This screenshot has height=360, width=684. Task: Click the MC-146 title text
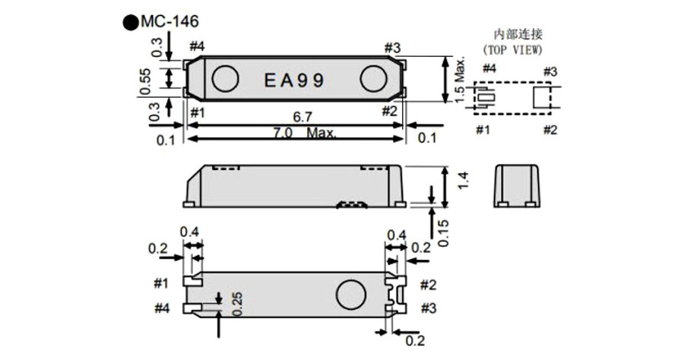tap(169, 21)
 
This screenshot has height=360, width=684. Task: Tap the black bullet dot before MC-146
tap(131, 22)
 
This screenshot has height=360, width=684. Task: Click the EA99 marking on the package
tap(294, 81)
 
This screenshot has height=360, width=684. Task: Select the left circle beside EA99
tap(225, 78)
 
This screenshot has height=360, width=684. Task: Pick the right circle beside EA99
tap(374, 78)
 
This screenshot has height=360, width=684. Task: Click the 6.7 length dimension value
tap(302, 117)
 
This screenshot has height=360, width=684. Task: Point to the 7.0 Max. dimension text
tap(305, 132)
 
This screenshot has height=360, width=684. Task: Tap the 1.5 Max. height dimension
tap(461, 81)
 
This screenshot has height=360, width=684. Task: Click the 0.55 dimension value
tap(145, 81)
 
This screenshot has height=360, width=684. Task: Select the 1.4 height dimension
tap(464, 181)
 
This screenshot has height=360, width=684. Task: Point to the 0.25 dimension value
tap(238, 305)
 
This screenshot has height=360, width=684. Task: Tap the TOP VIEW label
tap(512, 49)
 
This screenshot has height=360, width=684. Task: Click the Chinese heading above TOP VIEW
tap(518, 34)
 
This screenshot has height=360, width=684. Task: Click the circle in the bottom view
tap(351, 295)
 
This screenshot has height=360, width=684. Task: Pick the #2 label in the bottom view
tap(429, 285)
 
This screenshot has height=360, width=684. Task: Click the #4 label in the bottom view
tap(162, 308)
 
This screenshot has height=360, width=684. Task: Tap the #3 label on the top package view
tap(392, 48)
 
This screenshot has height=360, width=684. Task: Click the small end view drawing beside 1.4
tap(517, 185)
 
